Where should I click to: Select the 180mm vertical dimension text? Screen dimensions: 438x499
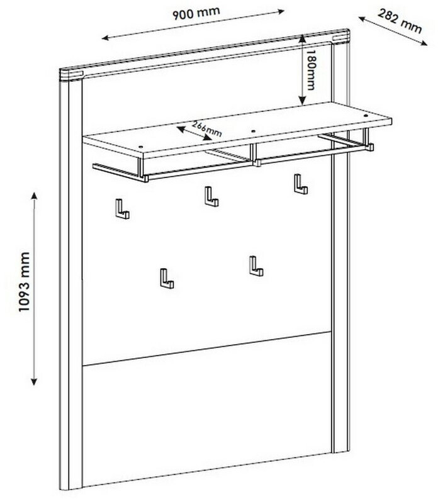click(x=311, y=70)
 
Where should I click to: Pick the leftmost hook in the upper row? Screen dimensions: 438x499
click(x=121, y=210)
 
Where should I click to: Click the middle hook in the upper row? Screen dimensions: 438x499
click(x=210, y=197)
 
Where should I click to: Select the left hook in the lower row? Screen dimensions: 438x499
click(x=166, y=278)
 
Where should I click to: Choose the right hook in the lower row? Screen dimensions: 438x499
click(x=255, y=266)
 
